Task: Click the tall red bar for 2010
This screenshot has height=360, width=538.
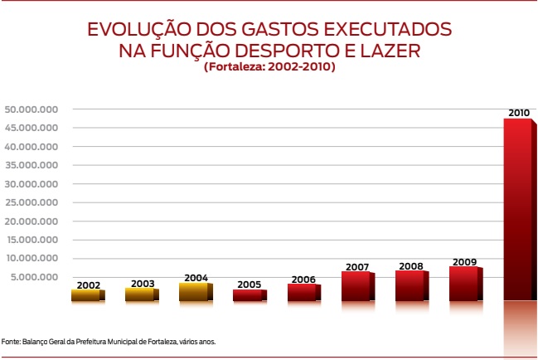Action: [517, 207]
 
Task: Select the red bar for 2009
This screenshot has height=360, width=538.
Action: [463, 283]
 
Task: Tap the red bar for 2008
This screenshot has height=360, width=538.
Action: [410, 285]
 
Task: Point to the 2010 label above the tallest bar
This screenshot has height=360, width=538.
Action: [519, 112]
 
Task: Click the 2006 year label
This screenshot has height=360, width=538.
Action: [303, 279]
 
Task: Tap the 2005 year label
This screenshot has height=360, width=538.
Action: [249, 285]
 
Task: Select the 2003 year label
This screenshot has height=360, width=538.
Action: [143, 283]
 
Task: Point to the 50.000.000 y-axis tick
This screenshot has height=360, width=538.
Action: [31, 109]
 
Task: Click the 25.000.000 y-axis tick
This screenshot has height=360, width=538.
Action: [31, 202]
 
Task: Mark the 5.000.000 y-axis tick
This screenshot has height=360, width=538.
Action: [34, 276]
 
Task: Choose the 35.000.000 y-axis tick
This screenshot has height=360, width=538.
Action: [31, 165]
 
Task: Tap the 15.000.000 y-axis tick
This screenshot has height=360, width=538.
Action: [31, 239]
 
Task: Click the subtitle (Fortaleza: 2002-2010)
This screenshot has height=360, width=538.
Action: [269, 67]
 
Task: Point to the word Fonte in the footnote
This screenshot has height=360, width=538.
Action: [11, 341]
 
